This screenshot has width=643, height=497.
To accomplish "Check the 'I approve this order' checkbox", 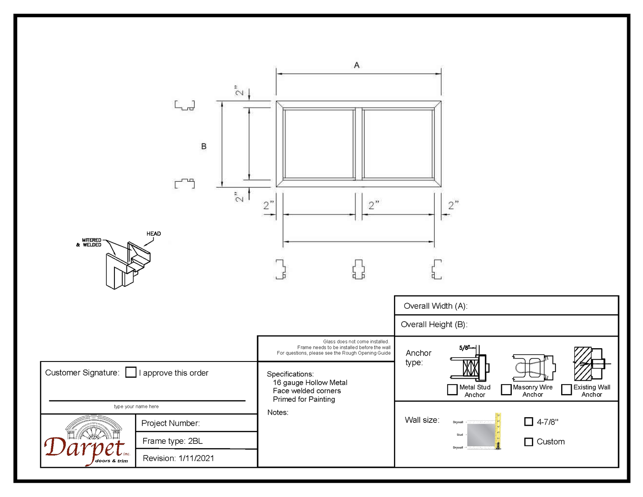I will coord(131,372).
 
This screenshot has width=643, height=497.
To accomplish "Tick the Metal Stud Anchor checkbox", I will coord(452,389).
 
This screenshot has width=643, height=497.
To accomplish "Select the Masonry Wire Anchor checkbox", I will coord(506,389).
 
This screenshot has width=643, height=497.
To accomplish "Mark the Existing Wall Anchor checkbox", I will coord(567,389).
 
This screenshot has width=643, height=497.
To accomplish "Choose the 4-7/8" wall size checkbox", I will coord(529,422).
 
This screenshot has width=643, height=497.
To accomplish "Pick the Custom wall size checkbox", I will coord(529,442).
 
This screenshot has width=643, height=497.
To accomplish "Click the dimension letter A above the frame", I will coord(357,65).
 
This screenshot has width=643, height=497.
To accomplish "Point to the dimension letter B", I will coord(204,146).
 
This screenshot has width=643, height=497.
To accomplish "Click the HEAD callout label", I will coord(153,234).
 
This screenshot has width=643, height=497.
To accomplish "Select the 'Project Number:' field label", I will coord(171,423).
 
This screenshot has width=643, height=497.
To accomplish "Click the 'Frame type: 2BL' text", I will coord(172,441).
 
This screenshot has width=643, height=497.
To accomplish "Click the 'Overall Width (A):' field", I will coord(436,306).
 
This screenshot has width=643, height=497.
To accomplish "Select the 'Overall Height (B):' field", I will coord(434,325).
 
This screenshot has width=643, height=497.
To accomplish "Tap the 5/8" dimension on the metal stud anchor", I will coord(464,348).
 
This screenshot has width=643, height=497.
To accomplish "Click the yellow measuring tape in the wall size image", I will coord(498,431).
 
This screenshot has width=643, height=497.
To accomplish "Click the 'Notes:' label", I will coord(278,413).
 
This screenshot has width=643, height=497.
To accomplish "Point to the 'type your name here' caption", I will coord(136,407).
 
